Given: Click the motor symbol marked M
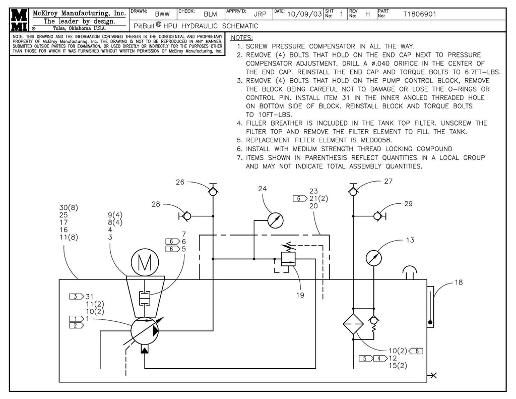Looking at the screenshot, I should pyautogui.click(x=145, y=263).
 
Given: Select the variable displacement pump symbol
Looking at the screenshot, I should pyautogui.click(x=145, y=331).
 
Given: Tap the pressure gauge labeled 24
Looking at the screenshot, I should pyautogui.click(x=276, y=220).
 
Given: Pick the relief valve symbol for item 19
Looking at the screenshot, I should pyautogui.click(x=288, y=258).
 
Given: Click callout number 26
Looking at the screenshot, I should pyautogui.click(x=180, y=182).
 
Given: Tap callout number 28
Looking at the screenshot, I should pyautogui.click(x=156, y=204).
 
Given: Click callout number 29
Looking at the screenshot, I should pyautogui.click(x=408, y=204).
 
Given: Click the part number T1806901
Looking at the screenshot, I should pyautogui.click(x=420, y=15).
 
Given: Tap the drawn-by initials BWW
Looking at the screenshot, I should pyautogui.click(x=162, y=15).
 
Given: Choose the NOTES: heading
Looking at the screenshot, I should pyautogui.click(x=241, y=38).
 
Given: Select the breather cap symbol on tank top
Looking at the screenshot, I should pyautogui.click(x=409, y=272).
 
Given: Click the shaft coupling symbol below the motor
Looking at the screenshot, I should pyautogui.click(x=145, y=298).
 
